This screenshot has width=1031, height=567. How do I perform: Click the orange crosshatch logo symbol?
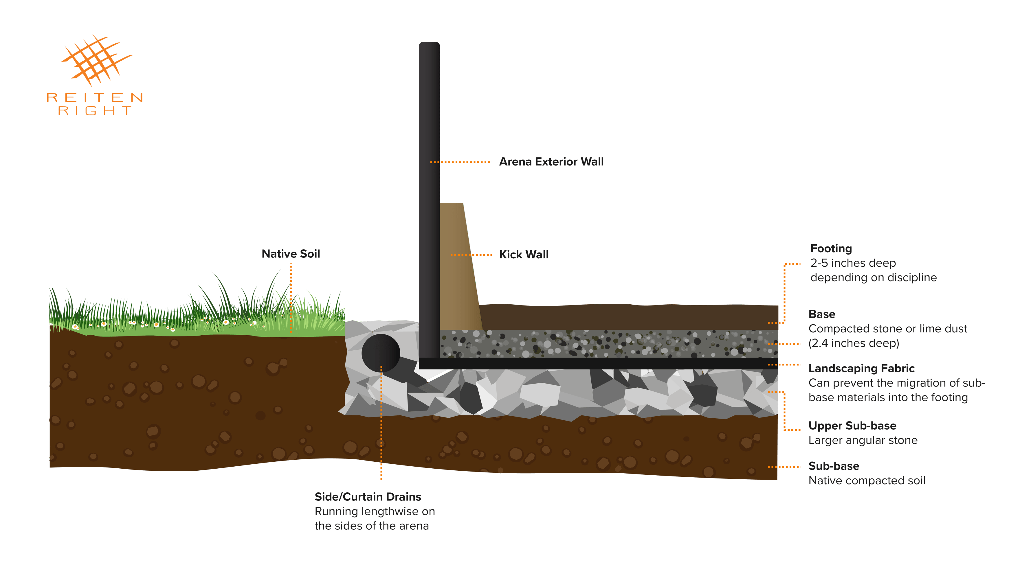point(96,60)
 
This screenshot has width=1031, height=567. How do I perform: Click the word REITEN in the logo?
point(95,98)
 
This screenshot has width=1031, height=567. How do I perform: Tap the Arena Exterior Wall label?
point(551,162)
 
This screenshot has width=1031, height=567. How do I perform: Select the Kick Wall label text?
point(524,255)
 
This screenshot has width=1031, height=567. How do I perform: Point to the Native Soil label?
point(291,254)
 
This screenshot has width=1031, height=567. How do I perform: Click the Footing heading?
point(831,248)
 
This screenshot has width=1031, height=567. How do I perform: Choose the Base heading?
point(822,314)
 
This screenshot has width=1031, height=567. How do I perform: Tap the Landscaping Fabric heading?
point(861,368)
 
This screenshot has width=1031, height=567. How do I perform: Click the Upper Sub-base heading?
point(852,426)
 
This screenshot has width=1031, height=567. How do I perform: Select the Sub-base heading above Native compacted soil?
point(834,466)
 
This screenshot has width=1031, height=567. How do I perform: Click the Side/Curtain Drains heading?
point(367,497)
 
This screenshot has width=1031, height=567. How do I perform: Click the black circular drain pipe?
point(380,353)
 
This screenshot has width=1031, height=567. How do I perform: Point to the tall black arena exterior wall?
point(429,200)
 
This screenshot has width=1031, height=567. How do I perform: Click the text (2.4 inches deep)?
point(854,343)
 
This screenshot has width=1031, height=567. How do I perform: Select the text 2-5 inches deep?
point(853,263)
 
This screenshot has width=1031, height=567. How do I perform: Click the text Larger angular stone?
point(863,440)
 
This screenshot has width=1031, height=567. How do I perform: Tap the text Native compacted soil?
point(867,481)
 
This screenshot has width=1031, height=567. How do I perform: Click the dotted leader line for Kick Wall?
point(471,255)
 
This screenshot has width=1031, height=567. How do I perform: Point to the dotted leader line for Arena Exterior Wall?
point(461,162)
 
